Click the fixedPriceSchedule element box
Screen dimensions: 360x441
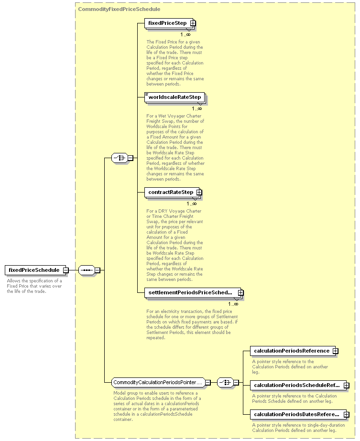[x=35, y=270]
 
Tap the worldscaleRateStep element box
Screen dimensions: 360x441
[x=175, y=97]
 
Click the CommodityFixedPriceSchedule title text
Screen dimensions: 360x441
[x=119, y=9]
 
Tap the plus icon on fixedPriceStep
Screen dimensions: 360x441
[x=193, y=23]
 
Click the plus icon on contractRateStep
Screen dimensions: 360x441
[x=199, y=192]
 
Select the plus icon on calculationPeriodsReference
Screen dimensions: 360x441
[x=335, y=351]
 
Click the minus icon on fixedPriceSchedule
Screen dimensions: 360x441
[x=65, y=270]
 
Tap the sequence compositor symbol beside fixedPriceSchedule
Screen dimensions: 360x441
[x=87, y=270]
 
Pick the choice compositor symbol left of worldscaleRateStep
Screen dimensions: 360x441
[x=120, y=158]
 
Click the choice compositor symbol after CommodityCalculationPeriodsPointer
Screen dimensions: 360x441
[x=226, y=383]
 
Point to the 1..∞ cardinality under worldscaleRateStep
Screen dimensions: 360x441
[x=197, y=108]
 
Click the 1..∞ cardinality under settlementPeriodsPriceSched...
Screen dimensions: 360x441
[x=233, y=304]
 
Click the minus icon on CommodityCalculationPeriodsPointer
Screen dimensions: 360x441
[x=207, y=383]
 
